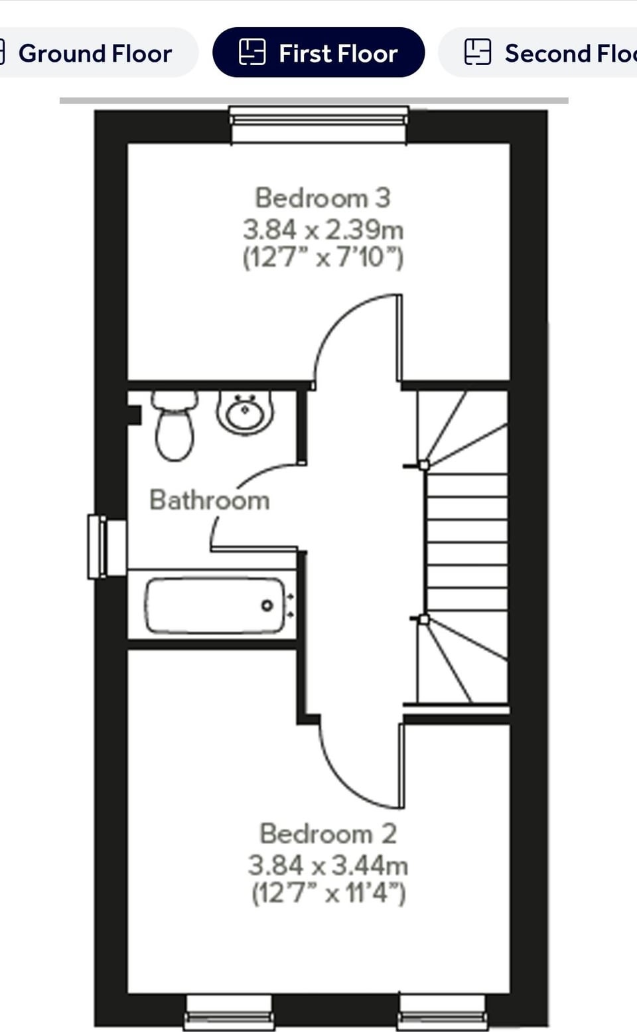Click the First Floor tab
[318, 52]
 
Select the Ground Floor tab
[97, 52]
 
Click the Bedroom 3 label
[323, 198]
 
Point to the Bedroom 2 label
[328, 834]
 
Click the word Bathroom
[210, 500]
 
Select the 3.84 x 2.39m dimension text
[323, 230]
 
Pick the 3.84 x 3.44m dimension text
[328, 865]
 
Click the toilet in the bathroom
[175, 425]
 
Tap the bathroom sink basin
[245, 412]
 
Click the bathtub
[214, 605]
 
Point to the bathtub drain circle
[267, 605]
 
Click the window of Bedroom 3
[319, 125]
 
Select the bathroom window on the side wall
[107, 546]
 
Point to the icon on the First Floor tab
[252, 52]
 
